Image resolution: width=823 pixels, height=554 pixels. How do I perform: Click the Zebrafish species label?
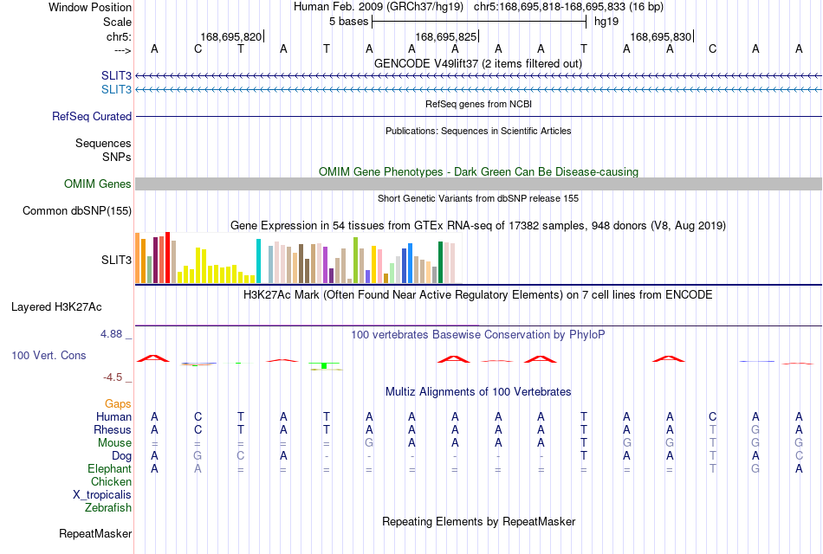click(x=108, y=508)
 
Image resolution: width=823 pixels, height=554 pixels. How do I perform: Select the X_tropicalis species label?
click(x=102, y=495)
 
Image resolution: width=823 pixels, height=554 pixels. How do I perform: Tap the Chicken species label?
click(x=111, y=481)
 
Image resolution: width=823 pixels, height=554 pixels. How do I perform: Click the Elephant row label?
click(x=110, y=468)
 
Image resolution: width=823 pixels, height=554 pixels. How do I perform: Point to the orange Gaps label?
click(x=118, y=403)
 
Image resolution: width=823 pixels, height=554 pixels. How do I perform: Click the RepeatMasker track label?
click(x=95, y=533)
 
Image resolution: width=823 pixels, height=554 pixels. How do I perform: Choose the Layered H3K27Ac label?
click(x=56, y=307)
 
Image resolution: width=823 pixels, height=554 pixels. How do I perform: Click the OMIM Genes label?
click(x=98, y=184)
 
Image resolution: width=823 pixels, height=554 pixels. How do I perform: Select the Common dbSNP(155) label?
click(x=77, y=210)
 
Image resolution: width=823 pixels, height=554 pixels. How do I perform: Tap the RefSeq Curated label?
click(x=92, y=117)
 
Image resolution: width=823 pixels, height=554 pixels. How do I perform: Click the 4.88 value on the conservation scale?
click(x=111, y=334)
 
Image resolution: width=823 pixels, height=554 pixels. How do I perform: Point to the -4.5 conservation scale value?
click(x=113, y=377)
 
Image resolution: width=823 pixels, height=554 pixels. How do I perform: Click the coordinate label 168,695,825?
click(x=445, y=36)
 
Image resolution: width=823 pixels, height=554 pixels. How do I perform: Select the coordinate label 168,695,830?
click(x=660, y=36)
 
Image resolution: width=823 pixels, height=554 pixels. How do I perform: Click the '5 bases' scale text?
click(x=348, y=22)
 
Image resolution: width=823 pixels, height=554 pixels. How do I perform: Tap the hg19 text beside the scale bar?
click(x=606, y=22)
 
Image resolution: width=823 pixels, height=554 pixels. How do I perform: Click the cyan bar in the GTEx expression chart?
click(x=258, y=261)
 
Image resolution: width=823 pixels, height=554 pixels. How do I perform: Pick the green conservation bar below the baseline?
click(x=324, y=365)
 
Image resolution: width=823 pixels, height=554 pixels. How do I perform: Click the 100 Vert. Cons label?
click(x=49, y=355)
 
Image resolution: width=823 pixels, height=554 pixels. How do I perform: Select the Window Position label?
click(x=90, y=7)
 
